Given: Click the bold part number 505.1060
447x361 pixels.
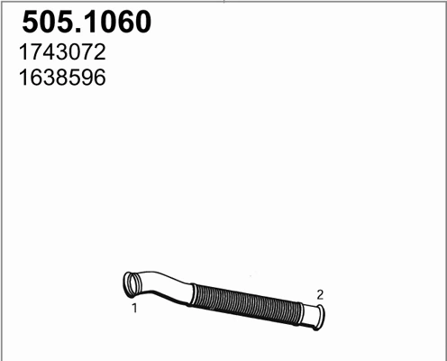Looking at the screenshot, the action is click(87, 22).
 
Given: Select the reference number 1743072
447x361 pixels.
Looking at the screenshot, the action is click(62, 52).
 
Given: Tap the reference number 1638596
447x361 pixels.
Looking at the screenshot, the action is click(62, 78).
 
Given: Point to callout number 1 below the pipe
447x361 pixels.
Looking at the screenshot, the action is click(134, 308).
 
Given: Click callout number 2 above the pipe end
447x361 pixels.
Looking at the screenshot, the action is click(320, 295).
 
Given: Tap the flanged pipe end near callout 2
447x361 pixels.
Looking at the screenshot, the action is click(320, 318).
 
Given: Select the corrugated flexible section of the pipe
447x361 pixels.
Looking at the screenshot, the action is click(246, 303).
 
